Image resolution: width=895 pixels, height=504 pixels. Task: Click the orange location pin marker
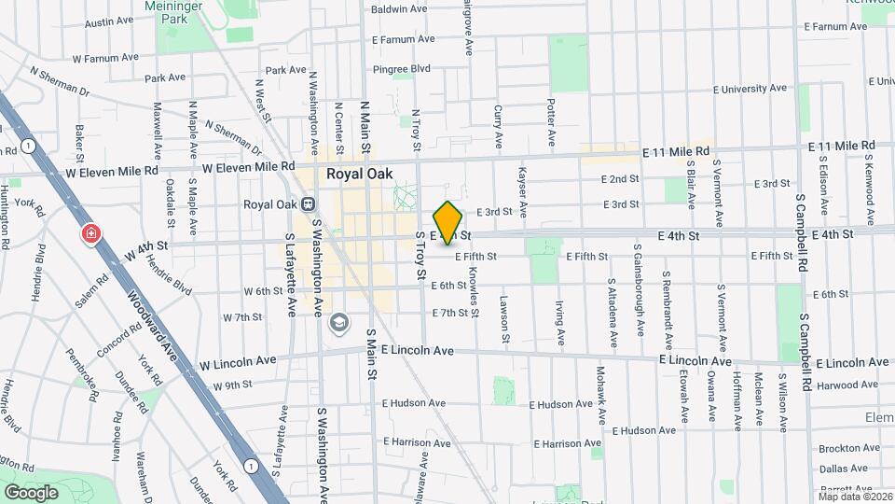[448, 221]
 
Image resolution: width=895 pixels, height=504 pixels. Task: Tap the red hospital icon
[90, 233]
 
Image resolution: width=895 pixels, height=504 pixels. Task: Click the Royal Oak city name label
[359, 174]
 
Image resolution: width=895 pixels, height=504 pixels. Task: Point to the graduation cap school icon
[337, 322]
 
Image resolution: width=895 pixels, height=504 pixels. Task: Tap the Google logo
[31, 492]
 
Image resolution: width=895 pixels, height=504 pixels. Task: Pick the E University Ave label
[750, 89]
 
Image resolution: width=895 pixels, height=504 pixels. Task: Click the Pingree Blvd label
[402, 68]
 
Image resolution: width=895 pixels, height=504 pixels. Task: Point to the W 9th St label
[233, 385]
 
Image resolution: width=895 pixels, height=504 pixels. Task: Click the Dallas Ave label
[846, 468]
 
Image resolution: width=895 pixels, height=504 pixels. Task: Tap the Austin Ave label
[109, 21]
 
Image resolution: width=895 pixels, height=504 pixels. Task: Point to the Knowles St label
[474, 290]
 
